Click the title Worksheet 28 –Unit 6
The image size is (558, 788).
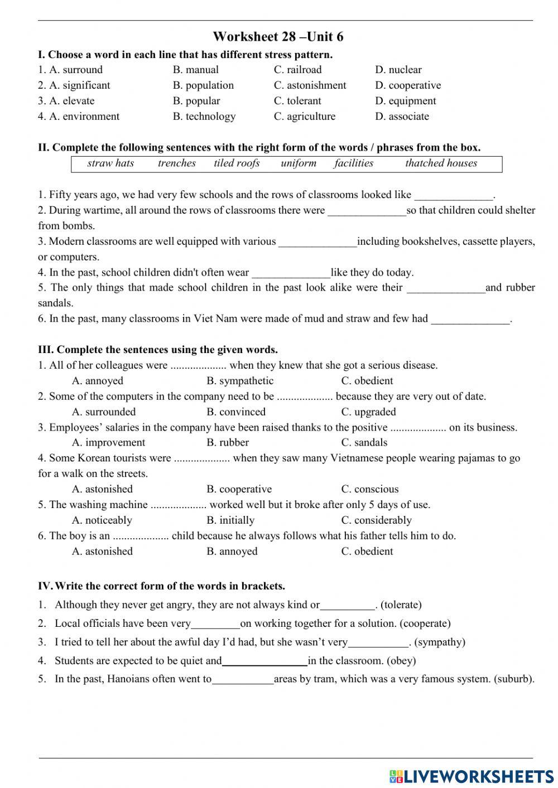(x=278, y=37)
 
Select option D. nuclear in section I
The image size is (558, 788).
(x=398, y=70)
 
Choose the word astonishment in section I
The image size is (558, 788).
(x=310, y=85)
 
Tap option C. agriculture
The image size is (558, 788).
(x=305, y=117)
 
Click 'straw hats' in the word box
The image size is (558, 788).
(x=110, y=163)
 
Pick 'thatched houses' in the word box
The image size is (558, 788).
(x=441, y=163)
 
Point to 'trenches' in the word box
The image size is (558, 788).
(x=176, y=163)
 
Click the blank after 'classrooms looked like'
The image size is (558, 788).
(x=454, y=195)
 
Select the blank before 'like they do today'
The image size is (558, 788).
(x=291, y=273)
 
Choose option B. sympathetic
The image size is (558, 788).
(x=240, y=381)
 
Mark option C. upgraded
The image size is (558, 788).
(x=368, y=412)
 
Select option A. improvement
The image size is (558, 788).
(x=108, y=443)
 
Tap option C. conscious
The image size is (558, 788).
(x=370, y=489)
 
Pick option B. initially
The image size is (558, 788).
(x=230, y=520)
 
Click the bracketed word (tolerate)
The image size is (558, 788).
(x=401, y=605)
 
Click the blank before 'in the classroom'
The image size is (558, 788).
(x=264, y=661)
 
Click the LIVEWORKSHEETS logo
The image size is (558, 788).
(x=472, y=776)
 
